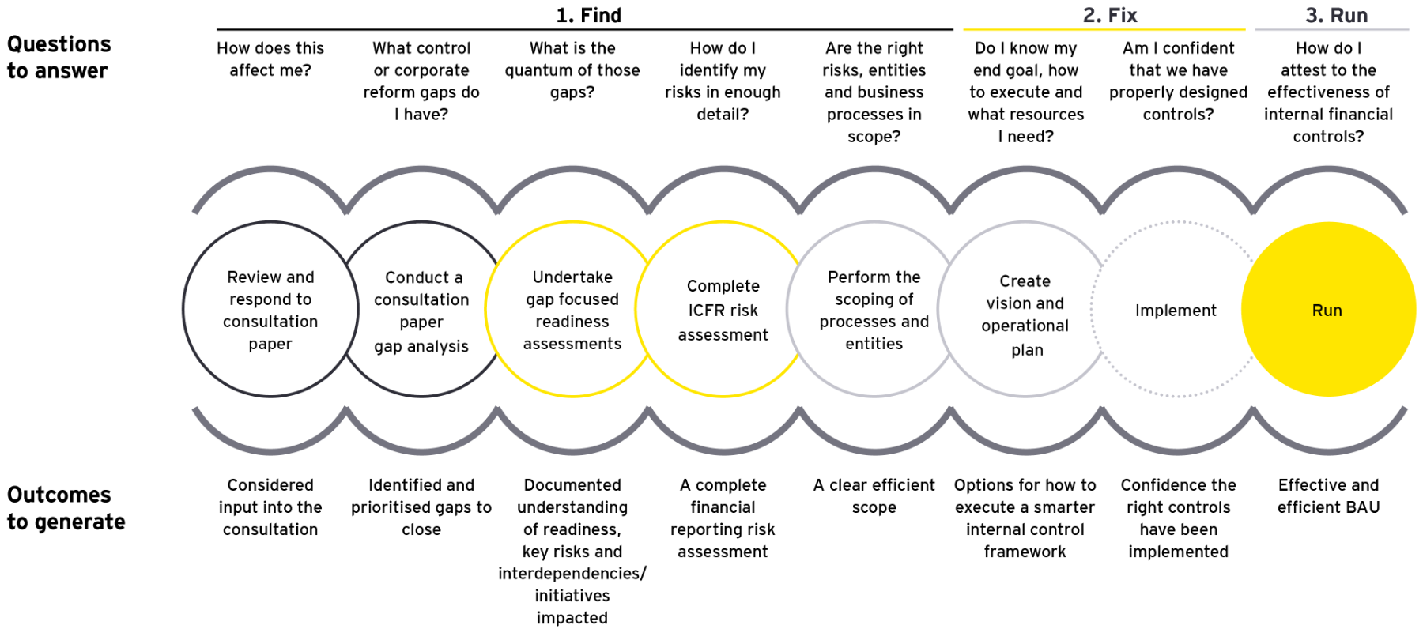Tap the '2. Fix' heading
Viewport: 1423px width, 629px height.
(1110, 15)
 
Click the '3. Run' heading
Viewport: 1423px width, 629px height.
(1336, 15)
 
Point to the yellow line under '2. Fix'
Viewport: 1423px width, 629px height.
(1103, 29)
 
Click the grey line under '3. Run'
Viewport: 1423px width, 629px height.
(1332, 29)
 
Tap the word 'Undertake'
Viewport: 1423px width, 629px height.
(572, 277)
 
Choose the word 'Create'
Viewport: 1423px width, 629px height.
(1025, 281)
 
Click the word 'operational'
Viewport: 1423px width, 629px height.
(1025, 326)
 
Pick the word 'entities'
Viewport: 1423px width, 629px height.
(874, 344)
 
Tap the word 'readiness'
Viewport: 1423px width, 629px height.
(572, 322)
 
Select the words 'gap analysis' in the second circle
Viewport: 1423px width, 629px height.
(421, 346)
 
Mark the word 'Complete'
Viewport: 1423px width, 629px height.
(723, 286)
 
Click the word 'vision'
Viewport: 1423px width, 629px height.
(1004, 303)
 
